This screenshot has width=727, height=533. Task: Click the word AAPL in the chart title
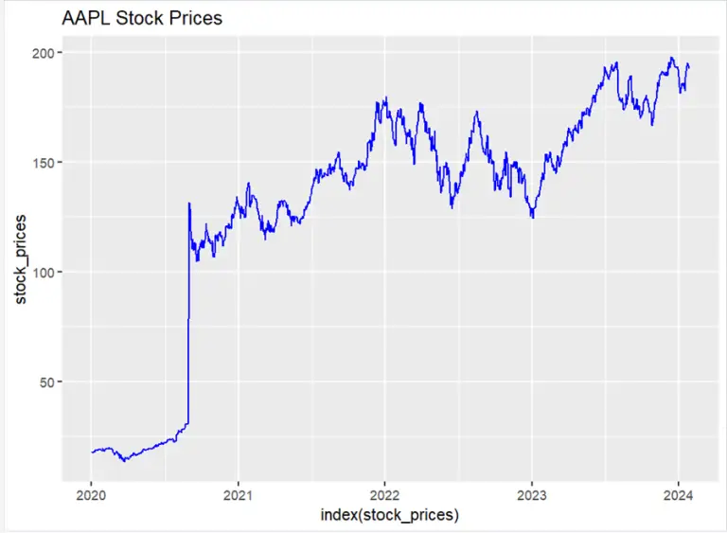point(85,18)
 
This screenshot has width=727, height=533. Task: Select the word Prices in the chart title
point(193,18)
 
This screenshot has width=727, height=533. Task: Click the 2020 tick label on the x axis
point(91,495)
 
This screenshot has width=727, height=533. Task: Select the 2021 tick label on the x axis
point(238,495)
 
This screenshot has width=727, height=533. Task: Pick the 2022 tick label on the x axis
point(384,495)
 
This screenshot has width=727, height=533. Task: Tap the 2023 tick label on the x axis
point(531,495)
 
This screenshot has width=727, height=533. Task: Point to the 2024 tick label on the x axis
point(678,495)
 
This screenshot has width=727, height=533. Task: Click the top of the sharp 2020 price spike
point(189,203)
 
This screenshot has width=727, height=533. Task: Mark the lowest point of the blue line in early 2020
point(124,461)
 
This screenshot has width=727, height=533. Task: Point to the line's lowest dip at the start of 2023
point(533,218)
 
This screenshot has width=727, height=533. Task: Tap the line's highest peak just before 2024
point(670,58)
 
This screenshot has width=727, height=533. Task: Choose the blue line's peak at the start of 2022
point(385,98)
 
